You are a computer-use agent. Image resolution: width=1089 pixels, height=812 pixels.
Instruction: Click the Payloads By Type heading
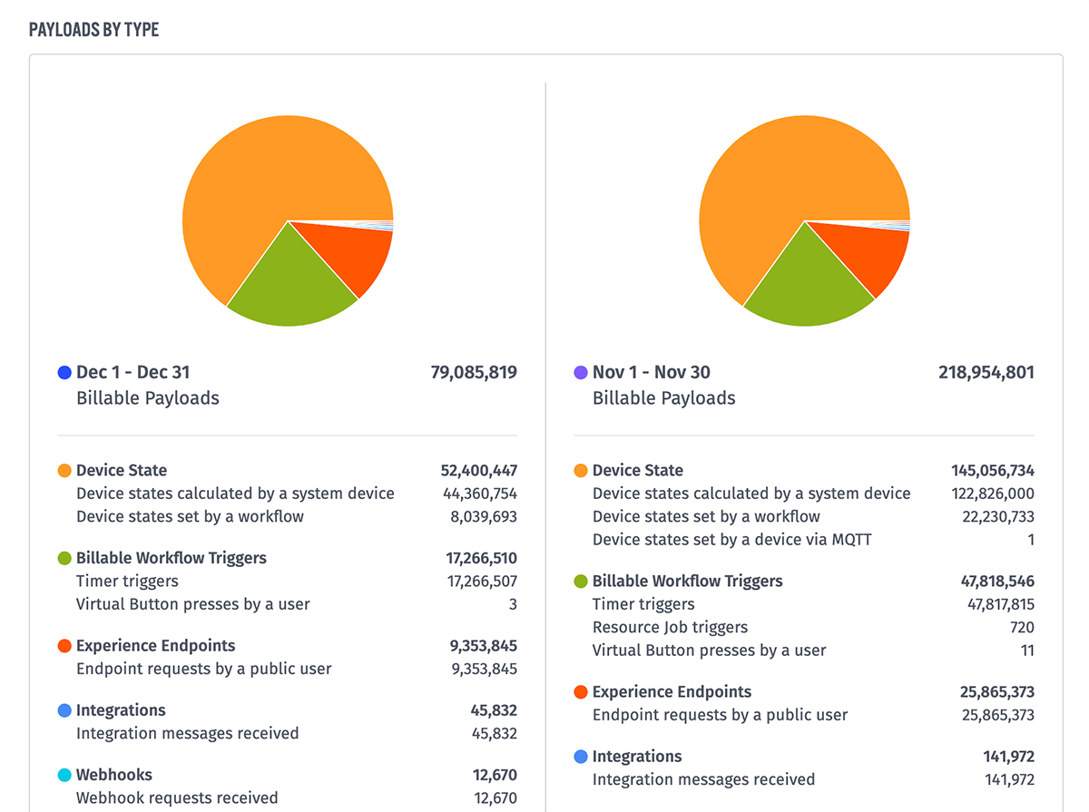[x=93, y=29]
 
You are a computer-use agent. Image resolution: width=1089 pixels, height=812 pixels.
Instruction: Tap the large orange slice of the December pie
[x=263, y=181]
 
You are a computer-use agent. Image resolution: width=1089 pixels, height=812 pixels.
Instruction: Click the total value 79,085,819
[x=474, y=372]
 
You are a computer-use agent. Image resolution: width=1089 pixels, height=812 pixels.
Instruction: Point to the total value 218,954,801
[x=986, y=372]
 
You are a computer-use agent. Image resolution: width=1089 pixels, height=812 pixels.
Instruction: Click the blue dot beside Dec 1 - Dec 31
[x=64, y=372]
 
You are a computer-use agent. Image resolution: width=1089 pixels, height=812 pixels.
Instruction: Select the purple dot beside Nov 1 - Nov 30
[x=581, y=372]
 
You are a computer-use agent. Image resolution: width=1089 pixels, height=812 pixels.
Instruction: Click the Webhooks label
[x=113, y=775]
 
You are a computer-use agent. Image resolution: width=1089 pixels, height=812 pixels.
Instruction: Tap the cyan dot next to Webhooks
[x=64, y=775]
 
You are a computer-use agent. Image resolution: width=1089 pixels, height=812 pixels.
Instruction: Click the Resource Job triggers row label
[x=670, y=627]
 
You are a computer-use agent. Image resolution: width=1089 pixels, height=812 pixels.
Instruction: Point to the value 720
[x=1022, y=627]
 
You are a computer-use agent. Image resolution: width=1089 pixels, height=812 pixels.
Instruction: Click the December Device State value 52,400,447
[x=479, y=470]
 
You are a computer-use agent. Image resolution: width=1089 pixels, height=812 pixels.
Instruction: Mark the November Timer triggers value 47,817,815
[x=1001, y=604]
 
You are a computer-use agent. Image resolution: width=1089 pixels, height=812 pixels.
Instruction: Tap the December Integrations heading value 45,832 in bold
[x=495, y=710]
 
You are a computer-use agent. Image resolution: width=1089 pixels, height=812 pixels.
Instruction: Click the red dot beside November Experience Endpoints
[x=581, y=692]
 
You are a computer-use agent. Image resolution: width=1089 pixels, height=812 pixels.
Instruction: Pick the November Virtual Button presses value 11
[x=1026, y=651]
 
